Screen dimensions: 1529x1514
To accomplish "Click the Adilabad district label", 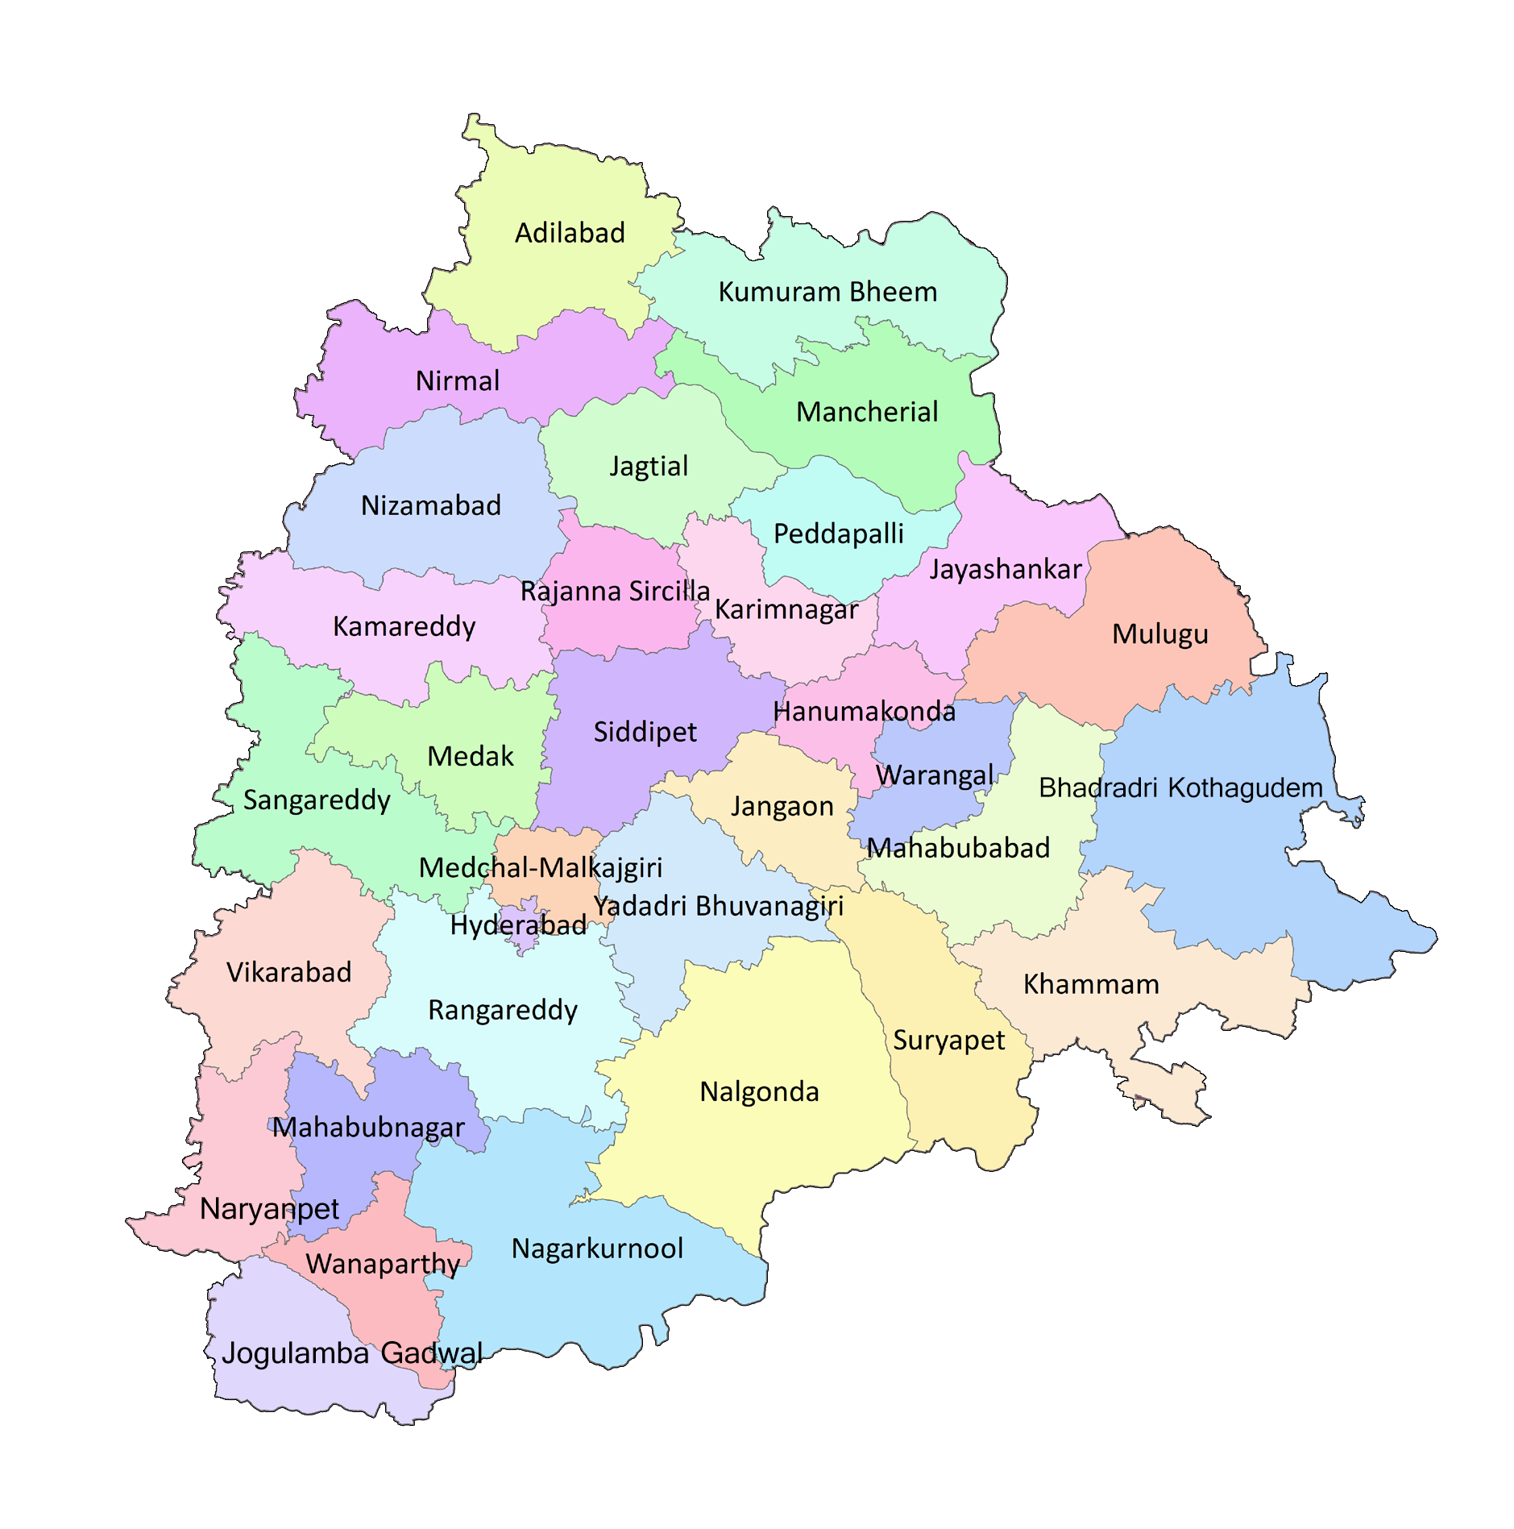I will (570, 233).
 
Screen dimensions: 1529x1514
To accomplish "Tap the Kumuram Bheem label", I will (828, 292).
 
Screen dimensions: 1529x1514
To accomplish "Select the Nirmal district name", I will (457, 380).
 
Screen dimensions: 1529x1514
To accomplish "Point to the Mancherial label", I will (867, 412).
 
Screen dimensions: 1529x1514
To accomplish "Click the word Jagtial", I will (649, 466).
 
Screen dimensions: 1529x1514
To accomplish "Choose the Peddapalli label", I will (838, 534).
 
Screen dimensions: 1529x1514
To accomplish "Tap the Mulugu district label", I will (1159, 634).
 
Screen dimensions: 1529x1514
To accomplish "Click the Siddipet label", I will (645, 732).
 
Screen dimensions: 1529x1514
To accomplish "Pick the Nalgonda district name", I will (759, 1091).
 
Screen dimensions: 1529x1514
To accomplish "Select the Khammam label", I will (1091, 984).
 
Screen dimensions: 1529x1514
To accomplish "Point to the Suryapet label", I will (948, 1041).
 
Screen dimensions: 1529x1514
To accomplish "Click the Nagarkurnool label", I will (597, 1249).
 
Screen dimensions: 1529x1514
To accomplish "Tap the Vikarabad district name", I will (288, 972).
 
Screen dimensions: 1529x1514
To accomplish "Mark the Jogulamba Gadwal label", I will (352, 1353).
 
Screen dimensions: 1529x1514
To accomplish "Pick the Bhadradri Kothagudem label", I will (1180, 787).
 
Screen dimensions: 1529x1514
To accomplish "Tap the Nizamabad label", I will (430, 505).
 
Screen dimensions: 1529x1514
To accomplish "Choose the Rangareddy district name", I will (502, 1010).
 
